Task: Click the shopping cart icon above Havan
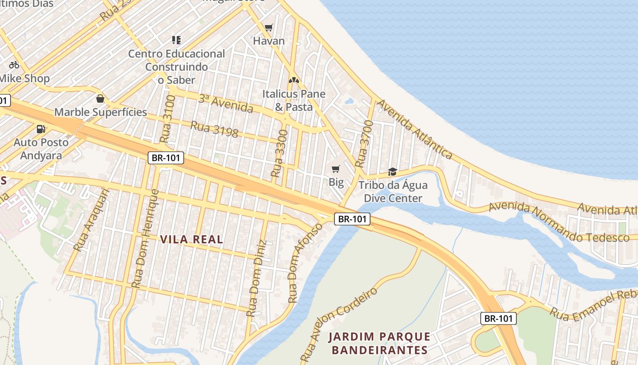(x=269, y=27)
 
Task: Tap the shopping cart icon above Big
(x=336, y=169)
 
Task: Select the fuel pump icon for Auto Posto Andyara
(x=41, y=129)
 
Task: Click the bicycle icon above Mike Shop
(x=14, y=65)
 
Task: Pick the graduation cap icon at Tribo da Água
(x=392, y=172)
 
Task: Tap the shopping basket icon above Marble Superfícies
(x=100, y=99)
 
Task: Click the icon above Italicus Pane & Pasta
(x=294, y=80)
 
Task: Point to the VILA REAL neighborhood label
(x=191, y=240)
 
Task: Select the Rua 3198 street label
(x=214, y=129)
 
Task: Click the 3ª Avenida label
(x=226, y=104)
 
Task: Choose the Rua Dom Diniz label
(x=255, y=278)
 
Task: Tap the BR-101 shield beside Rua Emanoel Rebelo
(x=499, y=318)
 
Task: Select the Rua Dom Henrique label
(x=144, y=238)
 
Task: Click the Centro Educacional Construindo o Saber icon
(x=176, y=40)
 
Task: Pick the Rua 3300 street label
(x=279, y=153)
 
